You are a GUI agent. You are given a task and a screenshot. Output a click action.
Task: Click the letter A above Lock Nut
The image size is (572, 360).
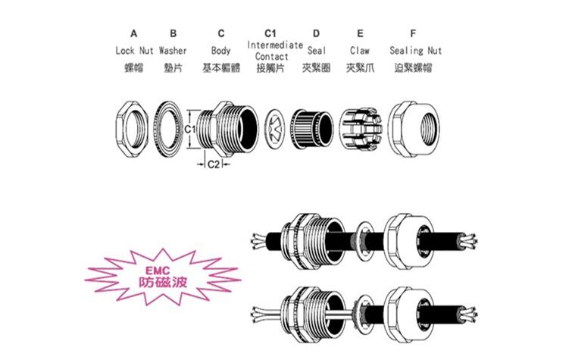coord(134,33)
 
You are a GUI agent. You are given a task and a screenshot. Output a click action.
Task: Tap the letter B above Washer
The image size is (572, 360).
coord(173,33)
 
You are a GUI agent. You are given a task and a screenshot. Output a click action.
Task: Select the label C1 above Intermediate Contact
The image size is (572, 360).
coord(270,33)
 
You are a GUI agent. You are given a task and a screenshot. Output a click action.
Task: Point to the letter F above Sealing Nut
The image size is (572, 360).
coord(413,33)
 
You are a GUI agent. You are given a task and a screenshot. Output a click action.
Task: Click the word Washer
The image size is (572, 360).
coord(173,51)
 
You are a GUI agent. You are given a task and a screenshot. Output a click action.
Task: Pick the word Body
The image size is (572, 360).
coord(221,51)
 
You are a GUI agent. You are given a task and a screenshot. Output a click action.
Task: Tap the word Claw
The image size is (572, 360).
coord(360,51)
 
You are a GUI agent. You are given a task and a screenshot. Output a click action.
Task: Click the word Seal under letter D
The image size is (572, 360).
coord(317,51)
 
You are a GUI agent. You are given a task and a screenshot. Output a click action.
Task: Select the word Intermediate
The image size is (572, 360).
coord(275,45)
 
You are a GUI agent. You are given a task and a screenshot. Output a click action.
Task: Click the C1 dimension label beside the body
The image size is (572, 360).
coord(191,130)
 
